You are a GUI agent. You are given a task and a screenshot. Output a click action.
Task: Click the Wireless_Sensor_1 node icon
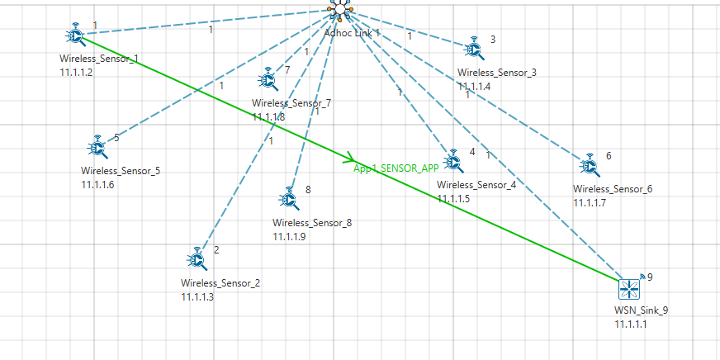(x=75, y=36)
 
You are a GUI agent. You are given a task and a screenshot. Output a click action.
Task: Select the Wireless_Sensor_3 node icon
(x=473, y=48)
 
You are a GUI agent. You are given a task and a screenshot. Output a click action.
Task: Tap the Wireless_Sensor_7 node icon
(x=268, y=78)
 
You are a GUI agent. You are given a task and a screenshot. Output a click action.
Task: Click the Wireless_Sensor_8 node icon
(x=288, y=198)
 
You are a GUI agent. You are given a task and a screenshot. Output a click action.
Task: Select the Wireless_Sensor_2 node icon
(x=197, y=259)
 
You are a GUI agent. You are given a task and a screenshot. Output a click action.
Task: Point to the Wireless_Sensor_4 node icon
(x=452, y=161)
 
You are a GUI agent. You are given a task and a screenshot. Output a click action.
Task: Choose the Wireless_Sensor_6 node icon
(x=590, y=165)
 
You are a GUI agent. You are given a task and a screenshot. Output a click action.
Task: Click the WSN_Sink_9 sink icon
(x=631, y=289)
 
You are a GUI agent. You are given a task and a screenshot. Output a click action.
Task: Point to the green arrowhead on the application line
(x=350, y=156)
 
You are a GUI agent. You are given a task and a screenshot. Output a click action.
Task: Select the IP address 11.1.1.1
(x=633, y=324)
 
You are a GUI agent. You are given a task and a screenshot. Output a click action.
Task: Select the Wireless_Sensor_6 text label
(x=612, y=189)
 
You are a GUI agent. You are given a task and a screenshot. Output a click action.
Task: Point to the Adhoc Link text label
(x=351, y=32)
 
